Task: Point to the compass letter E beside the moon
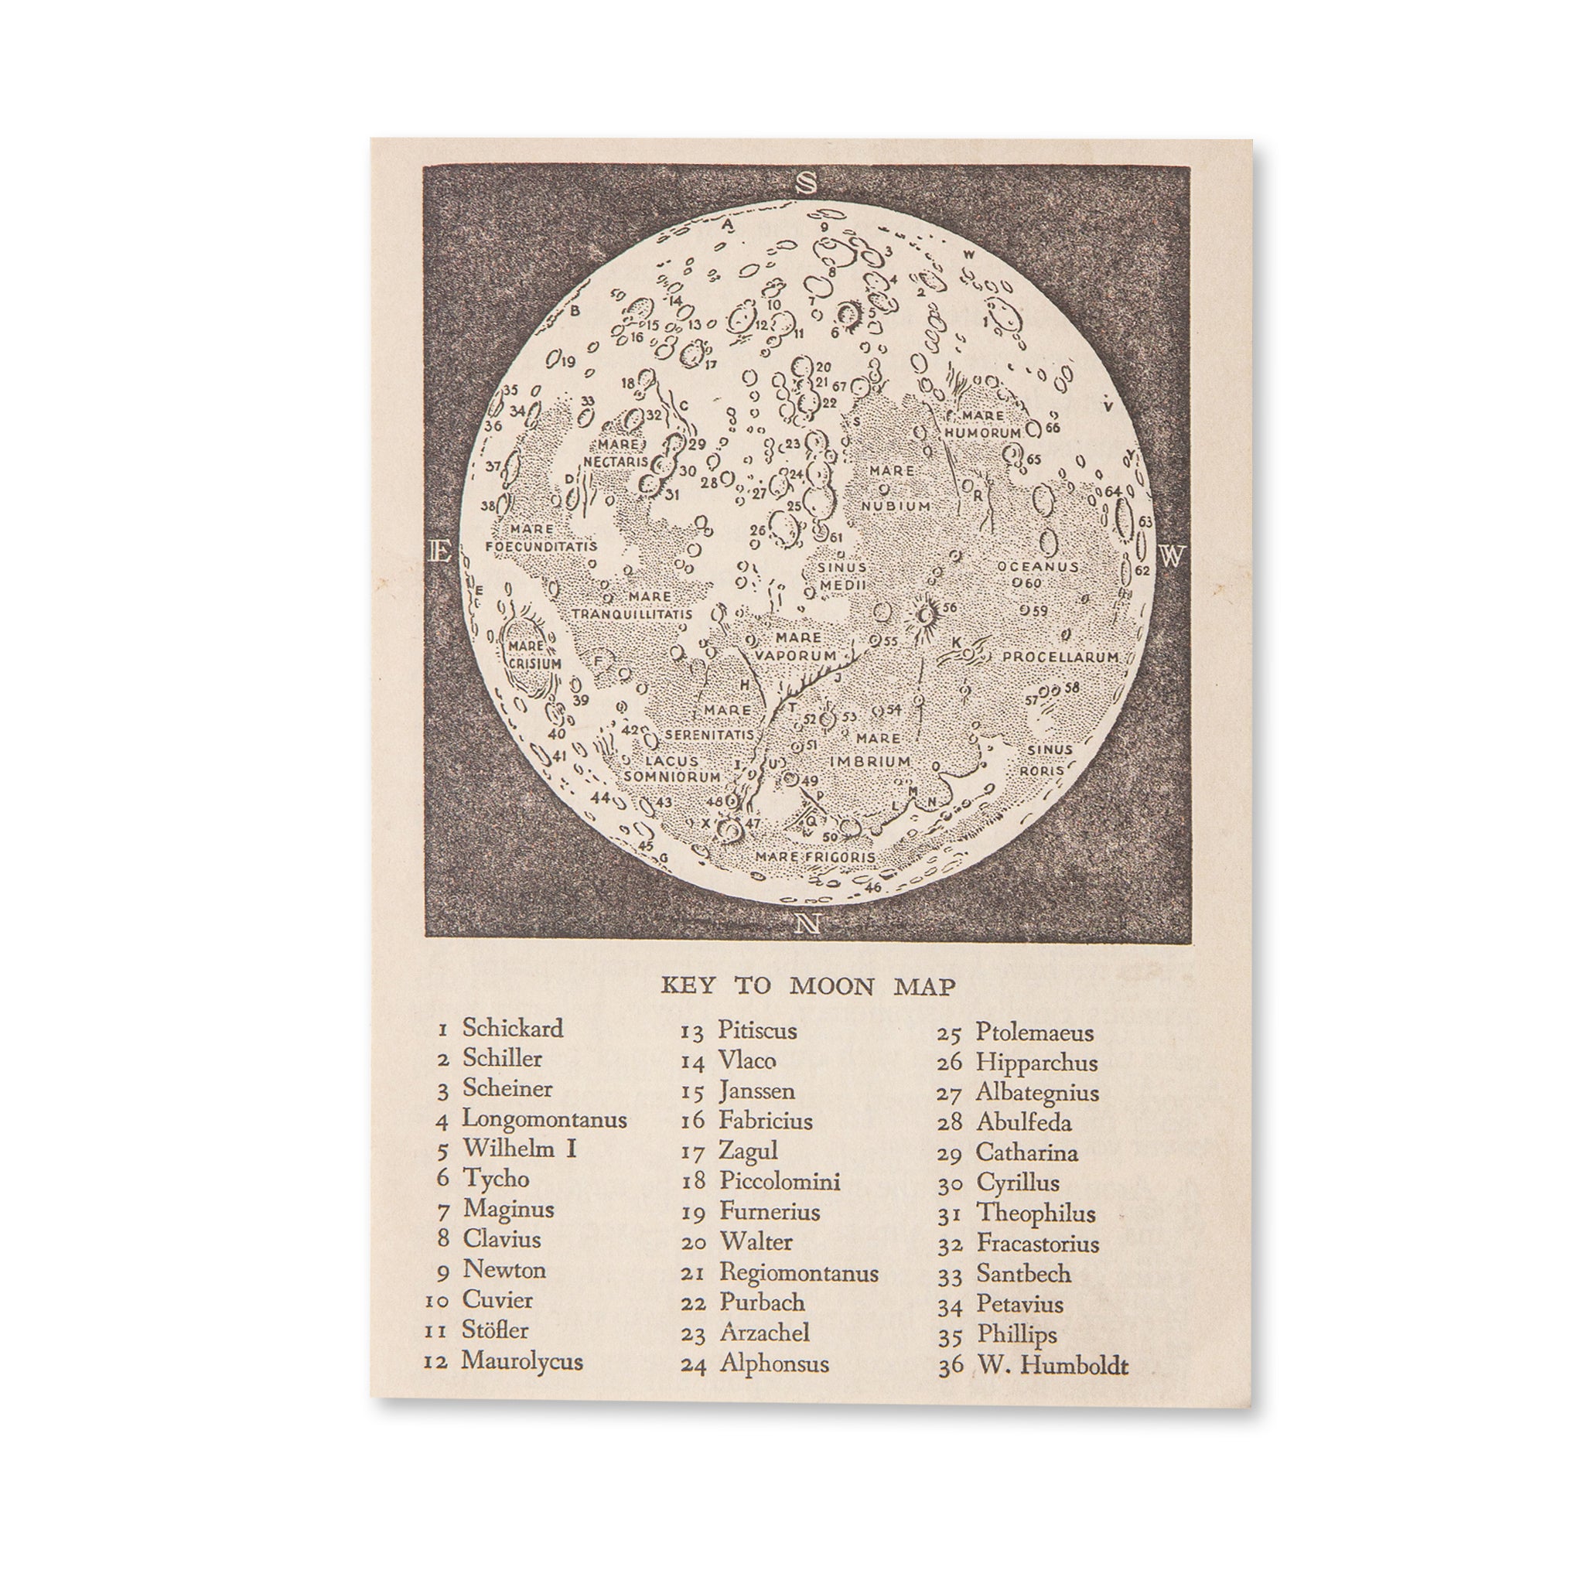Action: [440, 552]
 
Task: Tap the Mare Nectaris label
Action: [616, 453]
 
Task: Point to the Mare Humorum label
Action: [983, 424]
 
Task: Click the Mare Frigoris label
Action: [814, 857]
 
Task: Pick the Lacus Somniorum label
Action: [671, 768]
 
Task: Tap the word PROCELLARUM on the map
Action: [1060, 657]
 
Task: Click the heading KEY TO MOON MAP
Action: [807, 986]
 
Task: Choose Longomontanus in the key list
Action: [544, 1118]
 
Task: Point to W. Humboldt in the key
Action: [1052, 1365]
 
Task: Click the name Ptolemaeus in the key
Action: [1034, 1033]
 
